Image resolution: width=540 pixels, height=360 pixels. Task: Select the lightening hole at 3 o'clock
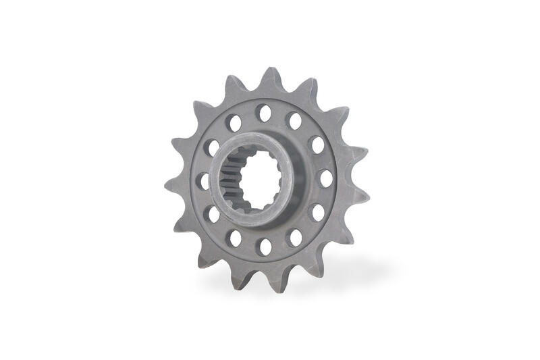[325, 178]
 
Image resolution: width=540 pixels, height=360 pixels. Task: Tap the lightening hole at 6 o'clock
[265, 247]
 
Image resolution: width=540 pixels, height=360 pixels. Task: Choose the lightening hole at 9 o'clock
[203, 181]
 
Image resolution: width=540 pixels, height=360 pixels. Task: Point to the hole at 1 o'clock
[294, 121]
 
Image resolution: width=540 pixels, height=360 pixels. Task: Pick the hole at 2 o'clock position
[317, 145]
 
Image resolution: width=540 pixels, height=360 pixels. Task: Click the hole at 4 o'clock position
[317, 213]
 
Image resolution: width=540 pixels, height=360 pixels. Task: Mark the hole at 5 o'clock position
[295, 237]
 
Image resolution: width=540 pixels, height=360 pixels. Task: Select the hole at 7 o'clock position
[235, 238]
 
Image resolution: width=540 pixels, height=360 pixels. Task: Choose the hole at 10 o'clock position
[213, 147]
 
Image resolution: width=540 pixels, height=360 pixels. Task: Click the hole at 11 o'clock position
[234, 122]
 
